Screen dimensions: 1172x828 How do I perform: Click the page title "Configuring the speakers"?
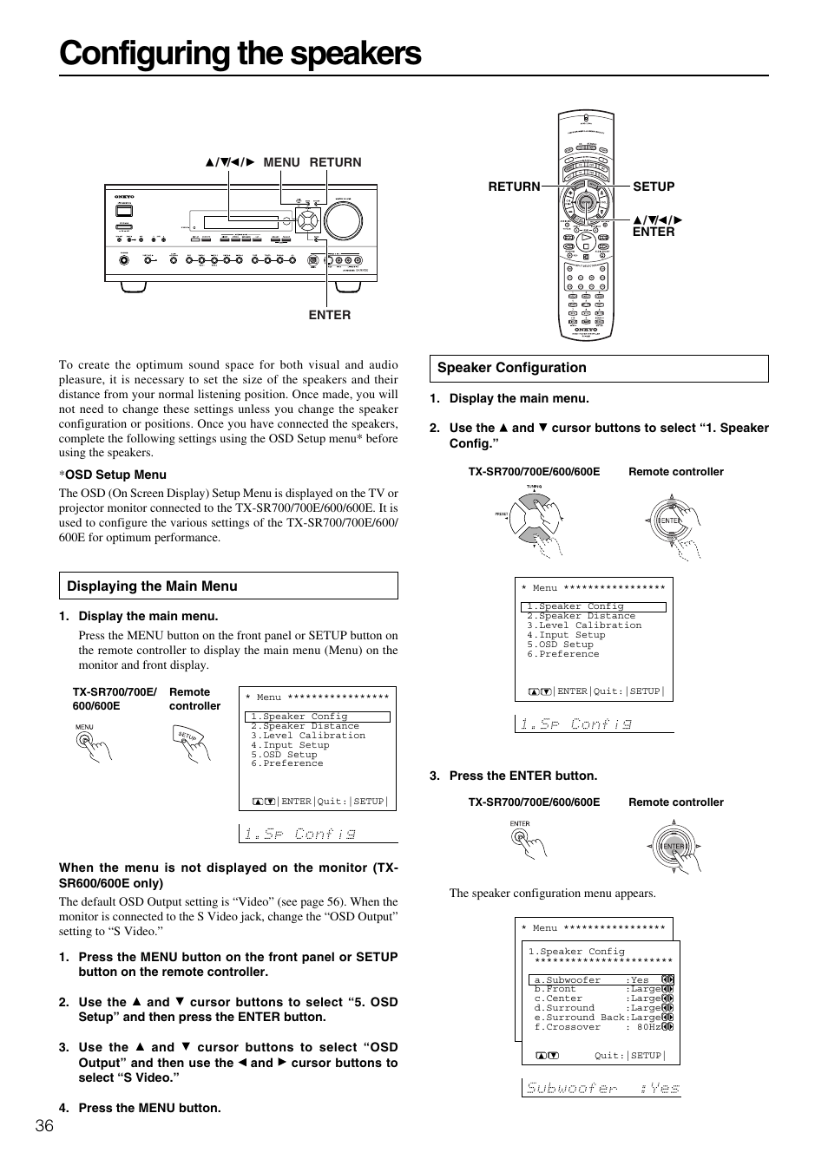[240, 54]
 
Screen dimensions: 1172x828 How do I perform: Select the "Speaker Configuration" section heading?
[511, 368]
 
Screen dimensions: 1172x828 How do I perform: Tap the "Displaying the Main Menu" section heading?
[152, 586]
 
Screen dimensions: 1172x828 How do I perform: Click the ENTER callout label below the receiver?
[330, 315]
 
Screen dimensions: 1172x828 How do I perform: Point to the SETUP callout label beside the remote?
[654, 187]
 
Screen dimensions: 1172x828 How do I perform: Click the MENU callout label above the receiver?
[281, 162]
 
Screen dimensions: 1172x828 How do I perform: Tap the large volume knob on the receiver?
[345, 220]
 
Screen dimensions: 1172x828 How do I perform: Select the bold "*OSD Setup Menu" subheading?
[113, 475]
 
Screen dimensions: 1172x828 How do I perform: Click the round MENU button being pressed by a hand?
[85, 740]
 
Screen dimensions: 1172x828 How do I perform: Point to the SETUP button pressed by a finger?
[189, 737]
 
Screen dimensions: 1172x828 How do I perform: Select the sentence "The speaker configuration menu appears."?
[552, 893]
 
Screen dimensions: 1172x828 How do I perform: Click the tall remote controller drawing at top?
[586, 226]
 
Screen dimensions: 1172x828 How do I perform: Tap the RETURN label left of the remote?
[514, 187]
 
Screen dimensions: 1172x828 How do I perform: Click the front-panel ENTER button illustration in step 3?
[520, 836]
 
